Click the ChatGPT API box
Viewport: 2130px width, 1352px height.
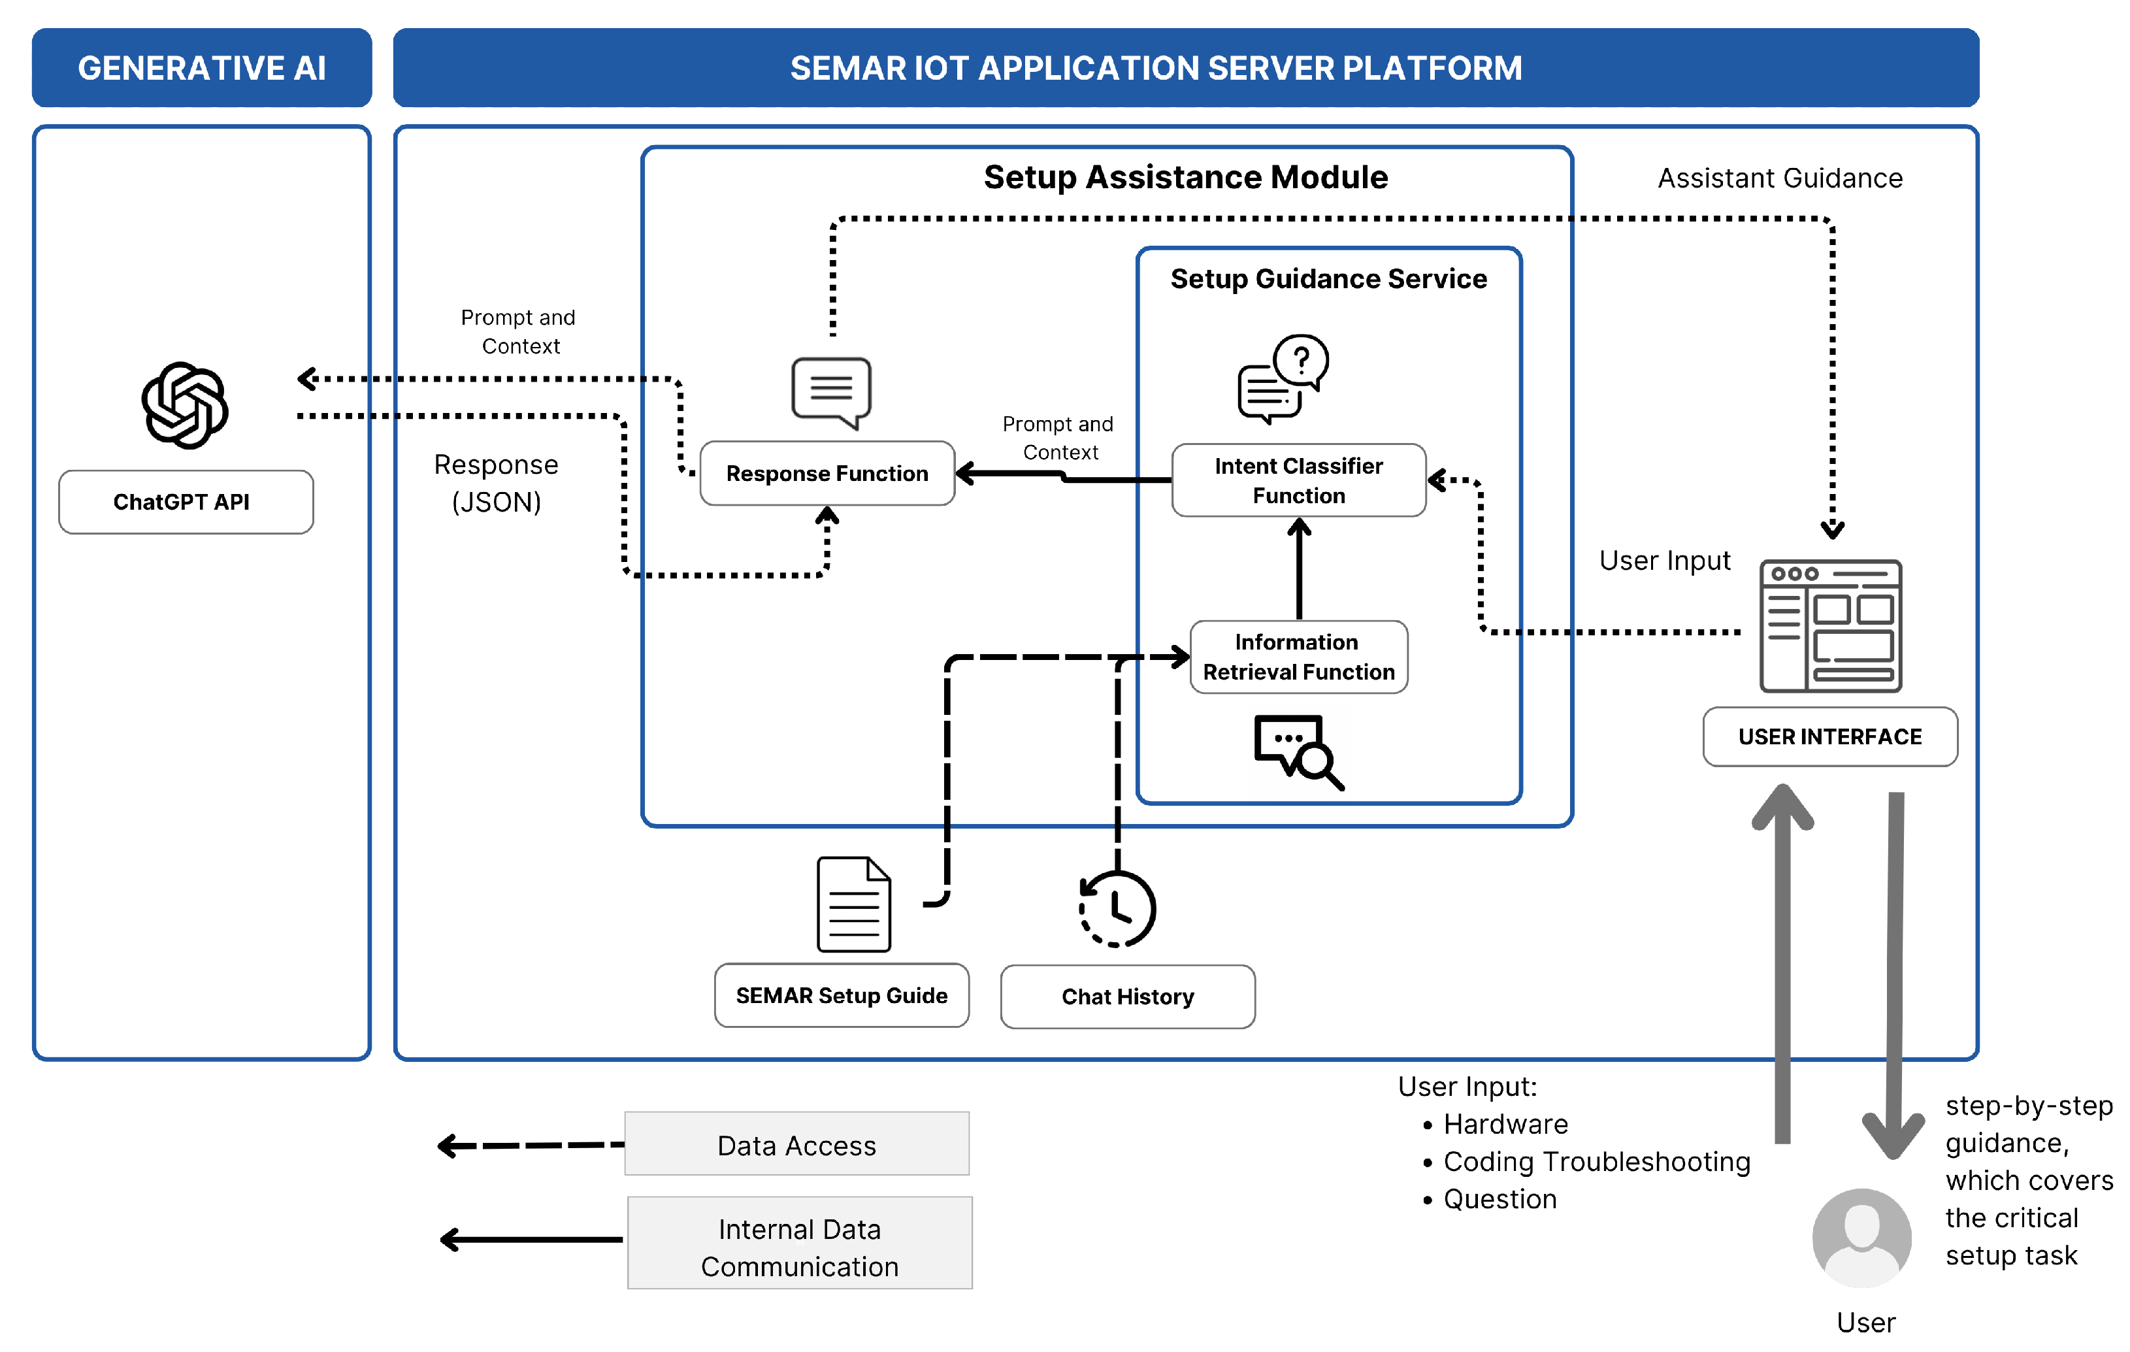186,502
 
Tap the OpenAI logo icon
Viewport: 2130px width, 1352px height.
185,405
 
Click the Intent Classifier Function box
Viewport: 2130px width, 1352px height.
1298,480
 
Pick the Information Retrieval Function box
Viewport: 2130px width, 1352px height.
1298,657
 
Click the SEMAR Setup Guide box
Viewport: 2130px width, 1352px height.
841,995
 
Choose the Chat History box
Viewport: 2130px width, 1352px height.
1127,997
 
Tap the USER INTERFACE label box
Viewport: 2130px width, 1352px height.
1829,736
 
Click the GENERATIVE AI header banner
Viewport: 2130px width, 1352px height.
202,68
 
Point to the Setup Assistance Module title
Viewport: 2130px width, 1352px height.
1185,177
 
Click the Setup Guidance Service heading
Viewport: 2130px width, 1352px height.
1328,279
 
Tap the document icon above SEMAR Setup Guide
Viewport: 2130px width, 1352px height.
853,904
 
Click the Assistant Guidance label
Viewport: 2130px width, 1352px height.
1779,178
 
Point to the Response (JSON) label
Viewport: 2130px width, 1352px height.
495,483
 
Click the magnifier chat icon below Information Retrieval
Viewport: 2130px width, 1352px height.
1298,750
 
